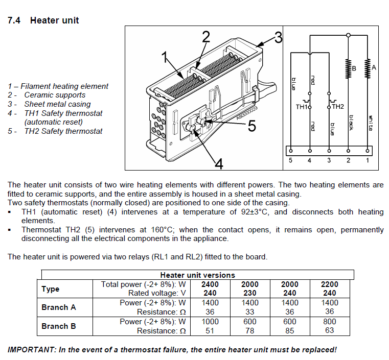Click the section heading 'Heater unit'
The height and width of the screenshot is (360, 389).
[54, 20]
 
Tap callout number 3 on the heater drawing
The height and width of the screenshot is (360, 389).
[277, 37]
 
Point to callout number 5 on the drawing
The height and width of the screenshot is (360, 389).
[251, 126]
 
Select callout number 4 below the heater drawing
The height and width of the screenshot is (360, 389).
[218, 163]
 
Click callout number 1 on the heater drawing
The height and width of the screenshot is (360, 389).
[165, 57]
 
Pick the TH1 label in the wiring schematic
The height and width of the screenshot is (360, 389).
[302, 107]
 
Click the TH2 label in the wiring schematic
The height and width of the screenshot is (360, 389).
[338, 107]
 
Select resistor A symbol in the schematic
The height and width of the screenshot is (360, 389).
[367, 67]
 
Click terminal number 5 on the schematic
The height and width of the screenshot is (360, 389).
[291, 160]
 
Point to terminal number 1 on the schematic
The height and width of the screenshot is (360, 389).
[367, 160]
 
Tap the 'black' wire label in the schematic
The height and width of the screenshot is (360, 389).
[351, 123]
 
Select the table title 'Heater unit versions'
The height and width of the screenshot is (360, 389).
[197, 275]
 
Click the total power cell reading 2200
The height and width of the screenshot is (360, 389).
[329, 284]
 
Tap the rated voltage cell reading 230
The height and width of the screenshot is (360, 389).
[249, 293]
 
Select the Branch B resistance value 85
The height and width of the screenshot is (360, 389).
[289, 330]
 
